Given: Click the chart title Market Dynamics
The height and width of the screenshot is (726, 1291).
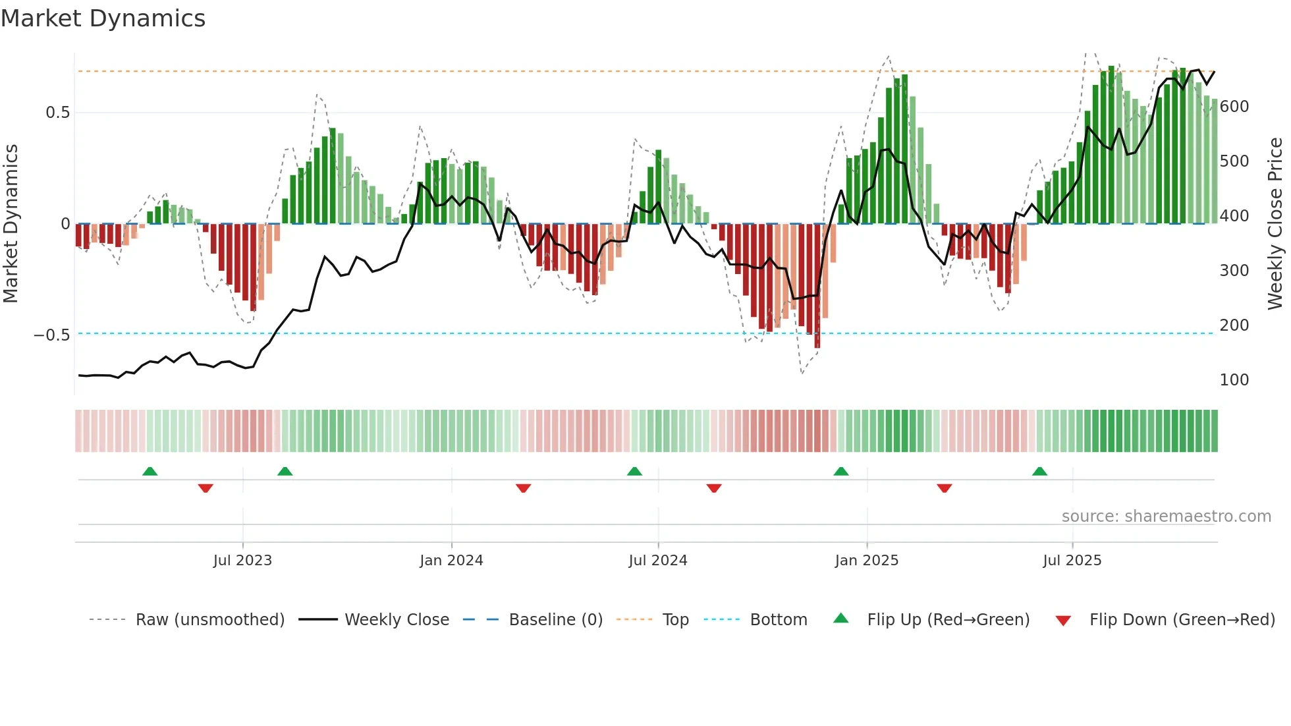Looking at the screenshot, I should pyautogui.click(x=103, y=18).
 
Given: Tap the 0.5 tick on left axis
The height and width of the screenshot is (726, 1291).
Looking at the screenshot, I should pyautogui.click(x=57, y=113).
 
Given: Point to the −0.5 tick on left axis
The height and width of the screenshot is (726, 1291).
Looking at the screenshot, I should pyautogui.click(x=52, y=335).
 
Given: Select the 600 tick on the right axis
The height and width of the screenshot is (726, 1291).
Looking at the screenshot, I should pyautogui.click(x=1234, y=107).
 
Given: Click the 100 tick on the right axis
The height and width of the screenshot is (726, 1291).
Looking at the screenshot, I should pyautogui.click(x=1234, y=380).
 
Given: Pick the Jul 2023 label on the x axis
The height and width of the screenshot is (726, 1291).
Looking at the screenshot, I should pyautogui.click(x=242, y=561).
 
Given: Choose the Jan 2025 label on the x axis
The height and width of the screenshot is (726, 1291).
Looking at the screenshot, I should pyautogui.click(x=866, y=561).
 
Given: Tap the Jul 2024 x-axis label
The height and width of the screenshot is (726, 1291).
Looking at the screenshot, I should pyautogui.click(x=657, y=561).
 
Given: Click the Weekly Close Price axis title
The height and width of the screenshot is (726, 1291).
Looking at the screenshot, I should pyautogui.click(x=1275, y=224).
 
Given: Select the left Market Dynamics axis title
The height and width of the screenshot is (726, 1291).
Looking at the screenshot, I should pyautogui.click(x=11, y=224).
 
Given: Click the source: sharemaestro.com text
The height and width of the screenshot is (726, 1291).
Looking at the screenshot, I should pyautogui.click(x=1166, y=517).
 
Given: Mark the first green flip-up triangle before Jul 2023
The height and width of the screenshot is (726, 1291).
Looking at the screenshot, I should pyautogui.click(x=150, y=472).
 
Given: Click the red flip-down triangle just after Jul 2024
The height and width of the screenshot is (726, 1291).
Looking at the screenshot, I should pyautogui.click(x=714, y=488).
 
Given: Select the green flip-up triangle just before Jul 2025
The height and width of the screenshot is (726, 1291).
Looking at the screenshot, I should pyautogui.click(x=1039, y=472).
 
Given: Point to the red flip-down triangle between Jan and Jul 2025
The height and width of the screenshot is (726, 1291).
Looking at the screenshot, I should pyautogui.click(x=944, y=488).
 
